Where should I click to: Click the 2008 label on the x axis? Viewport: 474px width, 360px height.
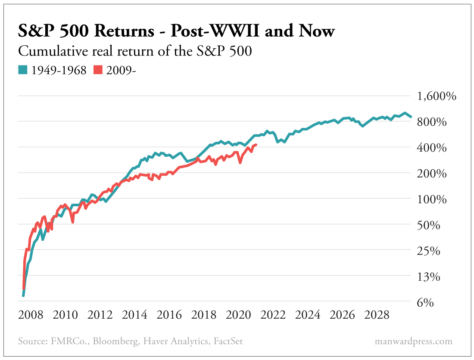click(x=31, y=315)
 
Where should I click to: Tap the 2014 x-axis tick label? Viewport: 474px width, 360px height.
click(x=135, y=315)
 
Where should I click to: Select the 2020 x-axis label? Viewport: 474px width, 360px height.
click(x=238, y=315)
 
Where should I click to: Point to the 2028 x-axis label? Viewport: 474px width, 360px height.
click(x=377, y=315)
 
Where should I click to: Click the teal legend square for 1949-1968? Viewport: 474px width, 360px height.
click(x=22, y=70)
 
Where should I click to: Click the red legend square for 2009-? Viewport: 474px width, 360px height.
click(x=99, y=70)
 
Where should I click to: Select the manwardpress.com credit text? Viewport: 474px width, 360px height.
click(x=414, y=341)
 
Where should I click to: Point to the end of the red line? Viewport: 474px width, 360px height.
click(x=256, y=145)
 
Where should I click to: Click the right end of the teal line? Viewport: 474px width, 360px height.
click(x=411, y=117)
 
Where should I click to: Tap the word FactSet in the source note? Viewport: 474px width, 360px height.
click(x=228, y=341)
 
